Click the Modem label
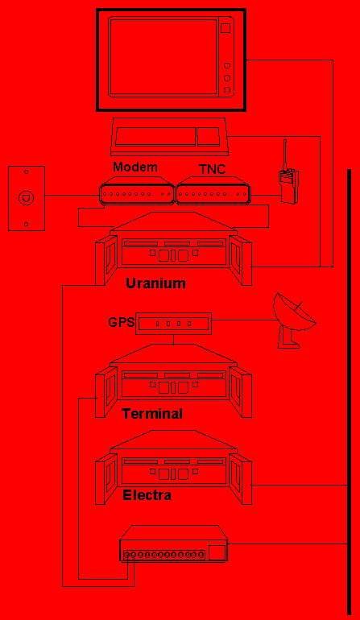click(135, 167)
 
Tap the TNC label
click(212, 169)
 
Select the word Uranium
click(155, 283)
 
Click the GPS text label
click(122, 322)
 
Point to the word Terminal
click(152, 414)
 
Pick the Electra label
click(147, 494)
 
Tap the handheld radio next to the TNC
click(289, 178)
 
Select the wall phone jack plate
click(27, 198)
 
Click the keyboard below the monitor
click(170, 137)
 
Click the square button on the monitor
click(226, 28)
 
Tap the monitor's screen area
click(163, 56)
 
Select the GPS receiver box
click(174, 324)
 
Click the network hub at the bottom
click(174, 544)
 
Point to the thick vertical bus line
click(349, 391)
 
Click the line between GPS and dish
click(242, 320)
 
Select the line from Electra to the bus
click(300, 485)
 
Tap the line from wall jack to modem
click(72, 195)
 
